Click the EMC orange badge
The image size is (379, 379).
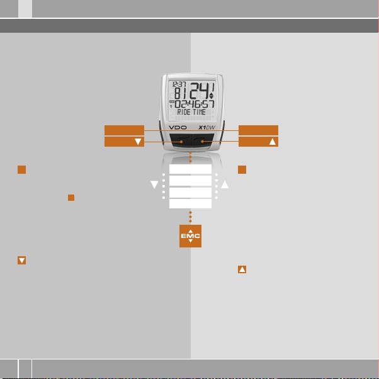pyautogui.click(x=190, y=235)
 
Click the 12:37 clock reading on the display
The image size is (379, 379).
pyautogui.click(x=179, y=84)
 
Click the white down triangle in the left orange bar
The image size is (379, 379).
pyautogui.click(x=137, y=142)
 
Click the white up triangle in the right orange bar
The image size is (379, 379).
pyautogui.click(x=273, y=142)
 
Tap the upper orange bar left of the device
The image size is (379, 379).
pyautogui.click(x=124, y=130)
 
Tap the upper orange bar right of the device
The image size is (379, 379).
pyautogui.click(x=258, y=130)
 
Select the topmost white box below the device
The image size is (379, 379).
pyautogui.click(x=190, y=170)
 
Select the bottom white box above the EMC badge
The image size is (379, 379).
pyautogui.click(x=190, y=203)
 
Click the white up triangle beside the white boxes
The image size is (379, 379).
pyautogui.click(x=225, y=185)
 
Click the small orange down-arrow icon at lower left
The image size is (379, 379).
pyautogui.click(x=21, y=260)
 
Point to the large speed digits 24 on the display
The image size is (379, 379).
pyautogui.click(x=203, y=89)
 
